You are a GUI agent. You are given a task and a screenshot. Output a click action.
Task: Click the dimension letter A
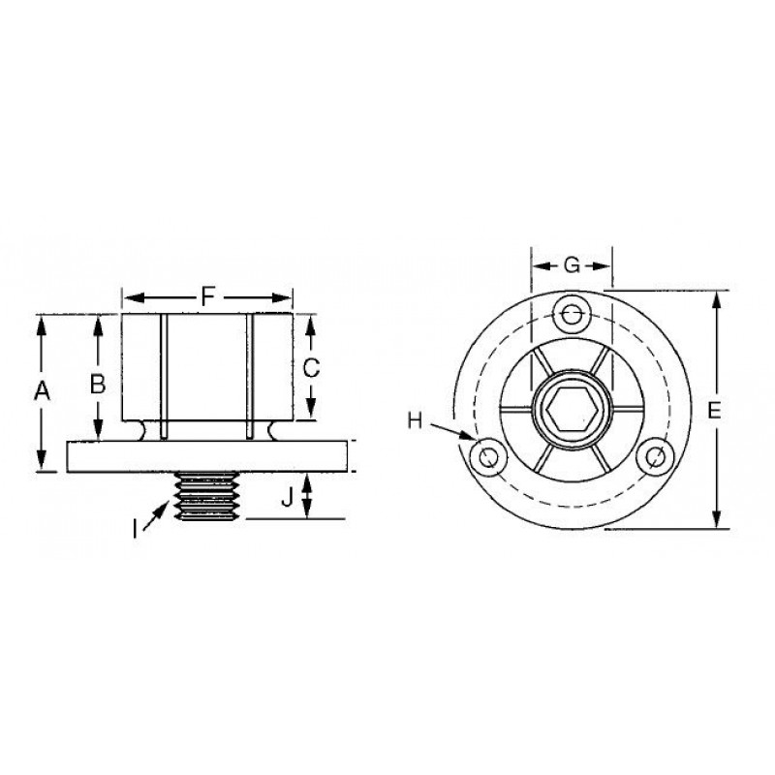42,391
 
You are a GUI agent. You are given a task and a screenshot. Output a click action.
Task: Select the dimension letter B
98,384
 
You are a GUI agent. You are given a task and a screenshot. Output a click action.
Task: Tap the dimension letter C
311,368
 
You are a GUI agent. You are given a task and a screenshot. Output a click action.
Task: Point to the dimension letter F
208,297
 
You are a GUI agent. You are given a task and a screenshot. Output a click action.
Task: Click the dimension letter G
572,265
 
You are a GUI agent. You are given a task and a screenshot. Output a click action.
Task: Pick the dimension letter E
715,410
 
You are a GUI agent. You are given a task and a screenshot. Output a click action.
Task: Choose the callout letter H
416,421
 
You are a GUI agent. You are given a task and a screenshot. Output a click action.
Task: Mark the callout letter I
135,530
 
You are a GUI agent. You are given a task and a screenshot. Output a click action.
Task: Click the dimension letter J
287,497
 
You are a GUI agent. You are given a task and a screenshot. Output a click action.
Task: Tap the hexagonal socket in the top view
572,409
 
